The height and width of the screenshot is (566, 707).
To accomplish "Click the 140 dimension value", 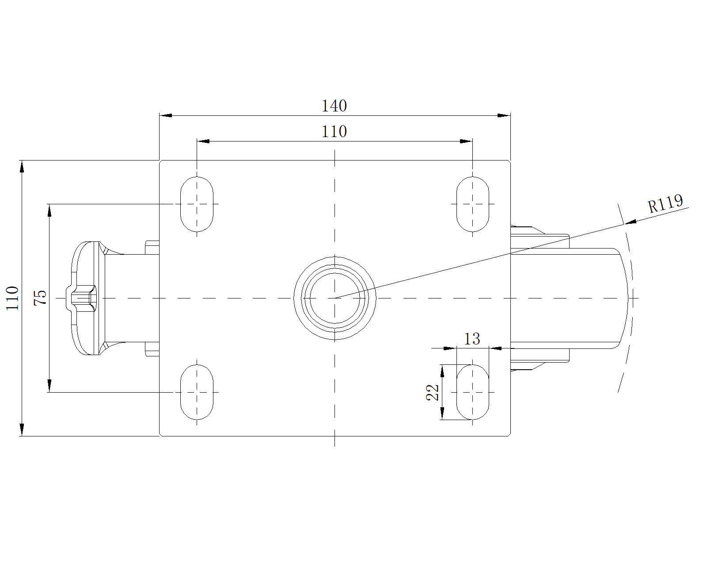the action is [x=334, y=106].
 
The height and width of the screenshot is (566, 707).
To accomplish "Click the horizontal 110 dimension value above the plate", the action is [x=334, y=132].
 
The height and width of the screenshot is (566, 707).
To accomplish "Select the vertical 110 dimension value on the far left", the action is [x=12, y=298].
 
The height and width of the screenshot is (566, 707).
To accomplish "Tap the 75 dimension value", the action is [x=40, y=298].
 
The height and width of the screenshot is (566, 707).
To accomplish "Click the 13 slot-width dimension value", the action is [x=472, y=339].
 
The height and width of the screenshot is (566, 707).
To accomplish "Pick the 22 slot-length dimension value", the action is [x=432, y=392].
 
